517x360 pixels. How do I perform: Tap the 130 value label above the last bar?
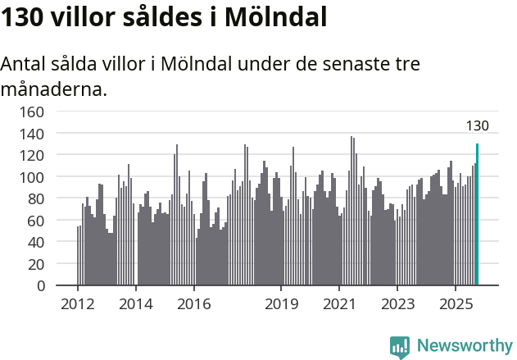(477, 126)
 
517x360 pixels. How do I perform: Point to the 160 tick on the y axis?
(34, 112)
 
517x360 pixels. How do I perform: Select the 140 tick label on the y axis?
(34, 133)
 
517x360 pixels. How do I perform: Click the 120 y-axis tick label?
(34, 155)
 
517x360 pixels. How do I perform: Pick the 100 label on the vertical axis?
(34, 177)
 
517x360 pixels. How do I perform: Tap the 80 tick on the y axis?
(37, 198)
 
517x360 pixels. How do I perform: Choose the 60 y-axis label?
(37, 221)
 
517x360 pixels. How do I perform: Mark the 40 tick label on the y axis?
(37, 243)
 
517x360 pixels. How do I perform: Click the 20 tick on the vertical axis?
(37, 264)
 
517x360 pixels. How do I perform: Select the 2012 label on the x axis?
(78, 304)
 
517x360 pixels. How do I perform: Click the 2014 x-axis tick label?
(136, 304)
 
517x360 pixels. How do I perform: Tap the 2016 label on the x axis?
(193, 304)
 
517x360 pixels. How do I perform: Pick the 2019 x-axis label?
(281, 304)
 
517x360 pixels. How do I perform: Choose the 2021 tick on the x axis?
(338, 304)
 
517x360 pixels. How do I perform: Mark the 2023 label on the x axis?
(397, 304)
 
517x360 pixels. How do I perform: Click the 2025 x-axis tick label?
(455, 304)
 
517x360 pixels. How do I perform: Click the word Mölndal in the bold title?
(270, 17)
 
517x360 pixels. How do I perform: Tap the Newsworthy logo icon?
(400, 347)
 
